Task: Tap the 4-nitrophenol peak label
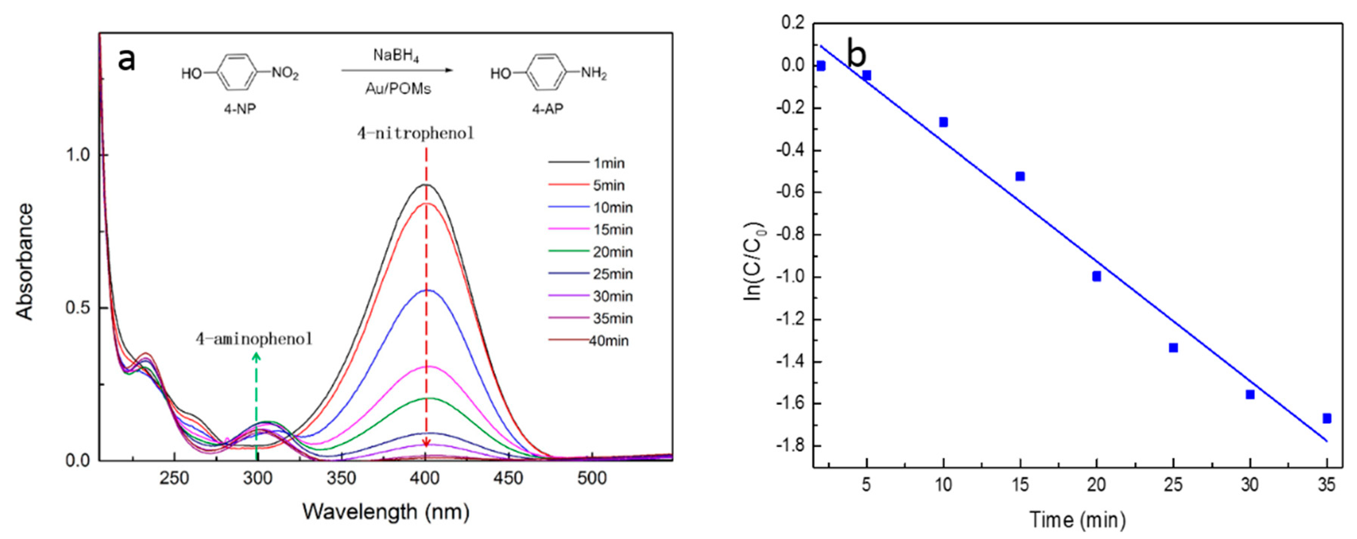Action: (416, 133)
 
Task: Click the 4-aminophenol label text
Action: (254, 338)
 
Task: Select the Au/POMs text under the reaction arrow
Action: (398, 89)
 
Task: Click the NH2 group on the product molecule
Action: (594, 73)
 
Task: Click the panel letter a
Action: (126, 59)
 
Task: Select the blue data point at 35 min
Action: (1327, 418)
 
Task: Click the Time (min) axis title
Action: (1077, 519)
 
